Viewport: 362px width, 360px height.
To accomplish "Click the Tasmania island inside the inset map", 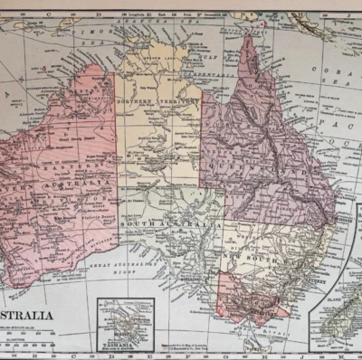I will point(124,321).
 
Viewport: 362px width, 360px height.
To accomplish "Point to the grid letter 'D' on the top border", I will point(98,14).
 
